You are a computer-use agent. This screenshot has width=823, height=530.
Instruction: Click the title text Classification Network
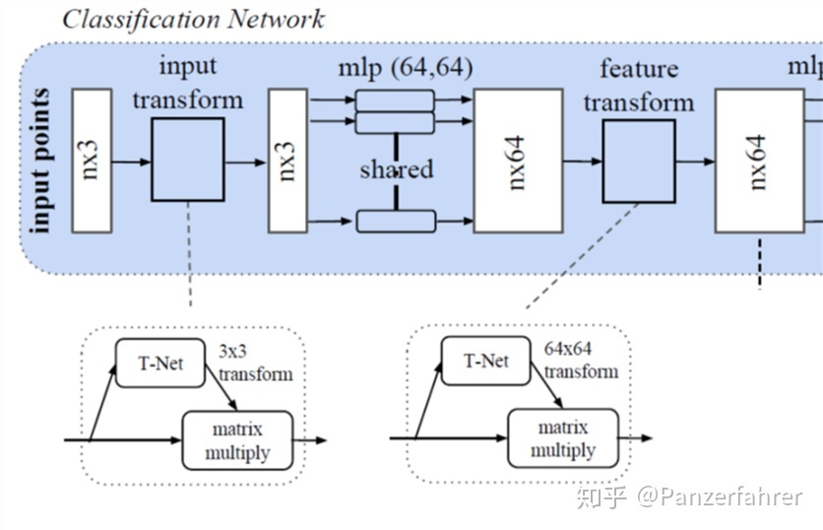click(x=193, y=19)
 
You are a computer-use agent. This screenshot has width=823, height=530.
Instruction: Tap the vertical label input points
click(x=42, y=162)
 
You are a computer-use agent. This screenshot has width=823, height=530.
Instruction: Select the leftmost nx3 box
click(x=93, y=161)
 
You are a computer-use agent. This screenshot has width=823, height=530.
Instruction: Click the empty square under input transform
click(x=188, y=161)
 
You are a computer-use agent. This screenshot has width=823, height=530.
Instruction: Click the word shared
click(x=396, y=169)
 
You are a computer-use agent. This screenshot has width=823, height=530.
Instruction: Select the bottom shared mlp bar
click(x=395, y=220)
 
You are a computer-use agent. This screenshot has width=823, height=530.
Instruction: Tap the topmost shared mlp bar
click(x=395, y=99)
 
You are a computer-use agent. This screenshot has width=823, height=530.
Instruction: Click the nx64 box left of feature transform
click(x=518, y=161)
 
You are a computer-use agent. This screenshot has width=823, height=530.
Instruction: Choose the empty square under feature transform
click(x=639, y=161)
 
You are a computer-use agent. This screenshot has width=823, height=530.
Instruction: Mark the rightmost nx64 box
click(x=759, y=161)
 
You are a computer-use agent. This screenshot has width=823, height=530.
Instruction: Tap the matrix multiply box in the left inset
click(x=237, y=440)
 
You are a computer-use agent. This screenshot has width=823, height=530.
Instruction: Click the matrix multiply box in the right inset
click(x=562, y=438)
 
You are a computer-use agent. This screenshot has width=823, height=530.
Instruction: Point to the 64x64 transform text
click(x=581, y=361)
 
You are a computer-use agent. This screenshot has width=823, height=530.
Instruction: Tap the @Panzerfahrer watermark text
click(x=719, y=497)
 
